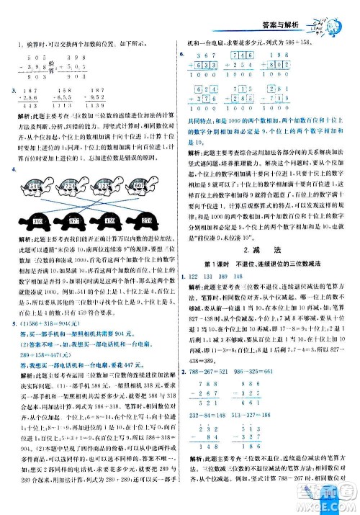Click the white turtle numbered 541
point(32,187)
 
